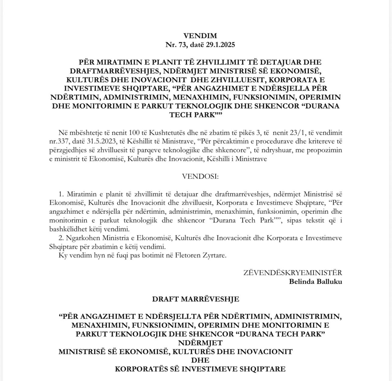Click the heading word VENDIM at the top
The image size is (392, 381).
pos(200,36)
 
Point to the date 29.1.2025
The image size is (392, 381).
pos(220,45)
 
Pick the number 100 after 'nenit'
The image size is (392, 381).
pos(135,133)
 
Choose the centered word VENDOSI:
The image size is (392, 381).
pos(200,176)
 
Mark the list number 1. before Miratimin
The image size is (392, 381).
pos(62,194)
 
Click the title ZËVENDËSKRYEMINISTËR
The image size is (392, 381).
pos(292,273)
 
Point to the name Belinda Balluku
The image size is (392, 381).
pos(315,282)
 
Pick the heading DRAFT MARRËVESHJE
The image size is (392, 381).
pos(195,299)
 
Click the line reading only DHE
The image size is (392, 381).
pos(200,360)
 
